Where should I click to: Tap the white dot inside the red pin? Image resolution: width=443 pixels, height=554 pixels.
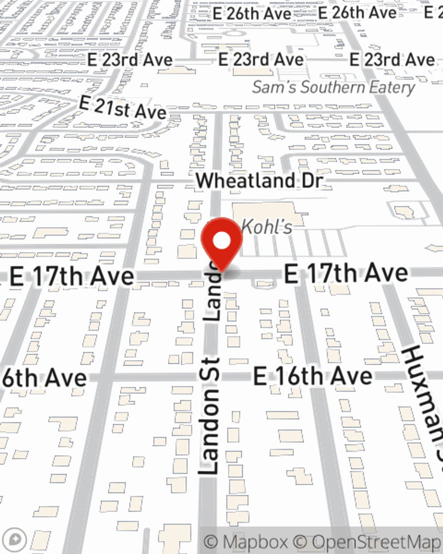click(222, 242)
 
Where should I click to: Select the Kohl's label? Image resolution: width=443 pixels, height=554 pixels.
click(267, 227)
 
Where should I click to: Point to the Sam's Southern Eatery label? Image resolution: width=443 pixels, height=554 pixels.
click(334, 87)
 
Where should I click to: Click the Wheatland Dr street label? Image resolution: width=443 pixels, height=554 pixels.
click(260, 181)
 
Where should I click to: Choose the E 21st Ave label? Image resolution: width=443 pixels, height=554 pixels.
click(123, 108)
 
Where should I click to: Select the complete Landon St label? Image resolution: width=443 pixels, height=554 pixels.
click(210, 417)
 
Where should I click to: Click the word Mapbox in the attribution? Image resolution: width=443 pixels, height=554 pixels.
click(254, 542)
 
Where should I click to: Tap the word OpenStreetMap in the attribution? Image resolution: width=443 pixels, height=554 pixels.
click(377, 542)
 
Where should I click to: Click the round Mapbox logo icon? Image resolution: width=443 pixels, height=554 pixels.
click(15, 540)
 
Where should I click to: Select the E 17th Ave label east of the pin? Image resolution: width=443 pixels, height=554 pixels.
click(346, 273)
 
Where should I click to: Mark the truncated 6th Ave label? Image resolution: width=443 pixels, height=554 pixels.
click(44, 378)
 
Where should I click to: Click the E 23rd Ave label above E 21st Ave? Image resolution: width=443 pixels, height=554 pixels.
click(130, 60)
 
